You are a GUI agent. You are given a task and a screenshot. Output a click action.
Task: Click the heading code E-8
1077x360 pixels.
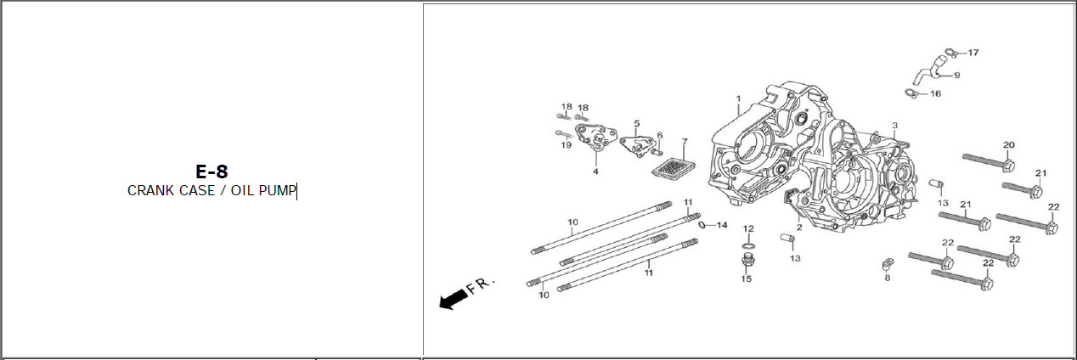[x=211, y=172]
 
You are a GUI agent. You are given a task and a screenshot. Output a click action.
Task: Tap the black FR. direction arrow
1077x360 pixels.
[x=454, y=298]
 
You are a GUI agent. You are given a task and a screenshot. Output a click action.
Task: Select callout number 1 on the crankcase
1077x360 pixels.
[x=738, y=98]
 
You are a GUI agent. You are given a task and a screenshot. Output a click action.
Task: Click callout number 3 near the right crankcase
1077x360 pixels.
[x=894, y=126]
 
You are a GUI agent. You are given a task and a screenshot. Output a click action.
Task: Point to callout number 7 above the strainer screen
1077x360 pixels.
[x=685, y=141]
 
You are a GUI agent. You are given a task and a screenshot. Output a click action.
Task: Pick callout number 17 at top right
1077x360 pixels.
[x=973, y=53]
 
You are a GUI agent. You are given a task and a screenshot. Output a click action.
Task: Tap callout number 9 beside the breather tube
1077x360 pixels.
[x=956, y=75]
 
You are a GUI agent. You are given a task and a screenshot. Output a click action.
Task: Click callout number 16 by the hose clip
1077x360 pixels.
[x=935, y=93]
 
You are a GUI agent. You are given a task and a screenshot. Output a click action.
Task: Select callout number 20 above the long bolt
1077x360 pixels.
[x=1009, y=145]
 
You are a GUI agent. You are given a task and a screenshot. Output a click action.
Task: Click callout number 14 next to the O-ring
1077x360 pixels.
[x=722, y=225]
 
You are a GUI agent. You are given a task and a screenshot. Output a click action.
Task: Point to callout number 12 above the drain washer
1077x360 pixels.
[x=748, y=228]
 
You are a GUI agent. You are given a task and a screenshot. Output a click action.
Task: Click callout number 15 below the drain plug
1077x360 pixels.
[x=747, y=278]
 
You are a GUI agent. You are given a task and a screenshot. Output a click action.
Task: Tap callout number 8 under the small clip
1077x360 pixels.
[x=888, y=278]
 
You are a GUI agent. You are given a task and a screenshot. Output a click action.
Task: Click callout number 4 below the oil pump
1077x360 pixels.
[x=595, y=172]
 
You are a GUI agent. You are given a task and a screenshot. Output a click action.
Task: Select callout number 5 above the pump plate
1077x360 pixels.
[x=636, y=124]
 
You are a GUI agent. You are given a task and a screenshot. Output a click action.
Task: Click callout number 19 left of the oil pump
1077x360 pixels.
[x=566, y=145]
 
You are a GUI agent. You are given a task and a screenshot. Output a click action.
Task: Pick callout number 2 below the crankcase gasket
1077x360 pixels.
[x=798, y=228]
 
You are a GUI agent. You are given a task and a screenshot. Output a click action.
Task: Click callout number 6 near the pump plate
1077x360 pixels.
[x=659, y=135]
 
